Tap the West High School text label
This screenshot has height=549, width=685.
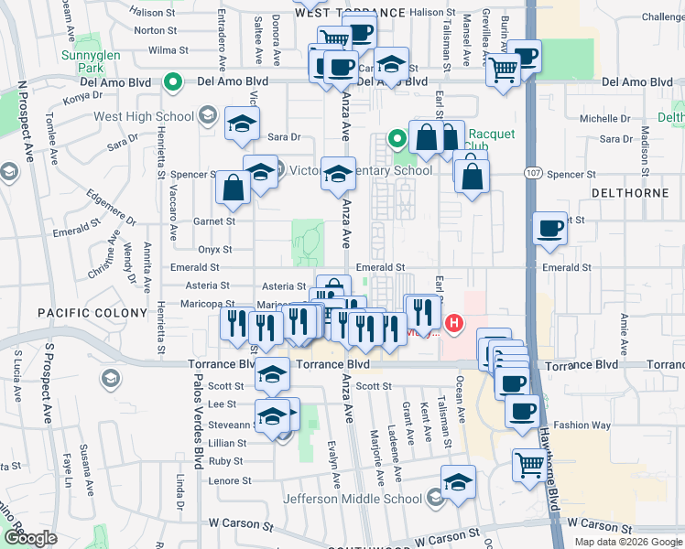click(144, 117)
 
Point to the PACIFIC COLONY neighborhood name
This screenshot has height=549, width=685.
click(92, 313)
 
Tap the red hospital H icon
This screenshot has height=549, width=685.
click(453, 323)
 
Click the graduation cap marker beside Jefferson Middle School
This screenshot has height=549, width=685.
click(459, 480)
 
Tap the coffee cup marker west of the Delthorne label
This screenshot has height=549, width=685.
click(550, 228)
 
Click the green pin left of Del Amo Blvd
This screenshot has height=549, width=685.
click(172, 83)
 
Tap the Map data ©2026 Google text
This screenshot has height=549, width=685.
click(627, 542)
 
